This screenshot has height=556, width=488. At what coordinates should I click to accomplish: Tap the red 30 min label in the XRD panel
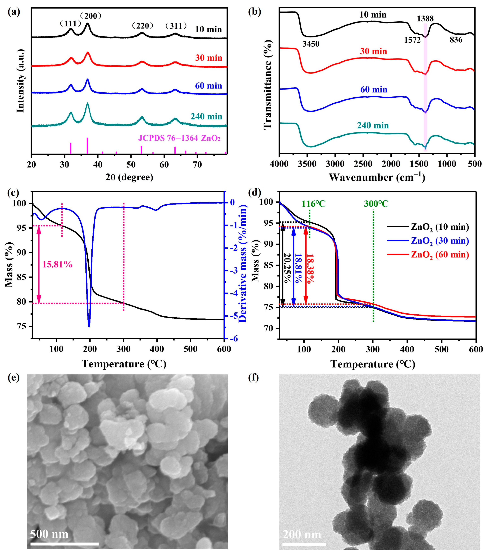pyautogui.click(x=208, y=58)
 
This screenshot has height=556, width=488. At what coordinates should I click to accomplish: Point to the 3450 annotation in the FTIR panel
pyautogui.click(x=311, y=44)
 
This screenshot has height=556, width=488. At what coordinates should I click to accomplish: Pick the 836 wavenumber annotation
pyautogui.click(x=456, y=40)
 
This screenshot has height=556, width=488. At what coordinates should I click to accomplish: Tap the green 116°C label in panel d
pyautogui.click(x=313, y=204)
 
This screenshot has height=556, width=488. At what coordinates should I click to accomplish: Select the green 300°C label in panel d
pyautogui.click(x=376, y=204)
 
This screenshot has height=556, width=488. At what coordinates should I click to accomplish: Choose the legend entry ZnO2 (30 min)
pyautogui.click(x=440, y=241)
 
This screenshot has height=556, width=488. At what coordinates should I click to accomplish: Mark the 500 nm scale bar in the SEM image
pyautogui.click(x=64, y=544)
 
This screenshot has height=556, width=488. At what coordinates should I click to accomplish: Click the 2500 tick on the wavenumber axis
pyautogui.click(x=363, y=164)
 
